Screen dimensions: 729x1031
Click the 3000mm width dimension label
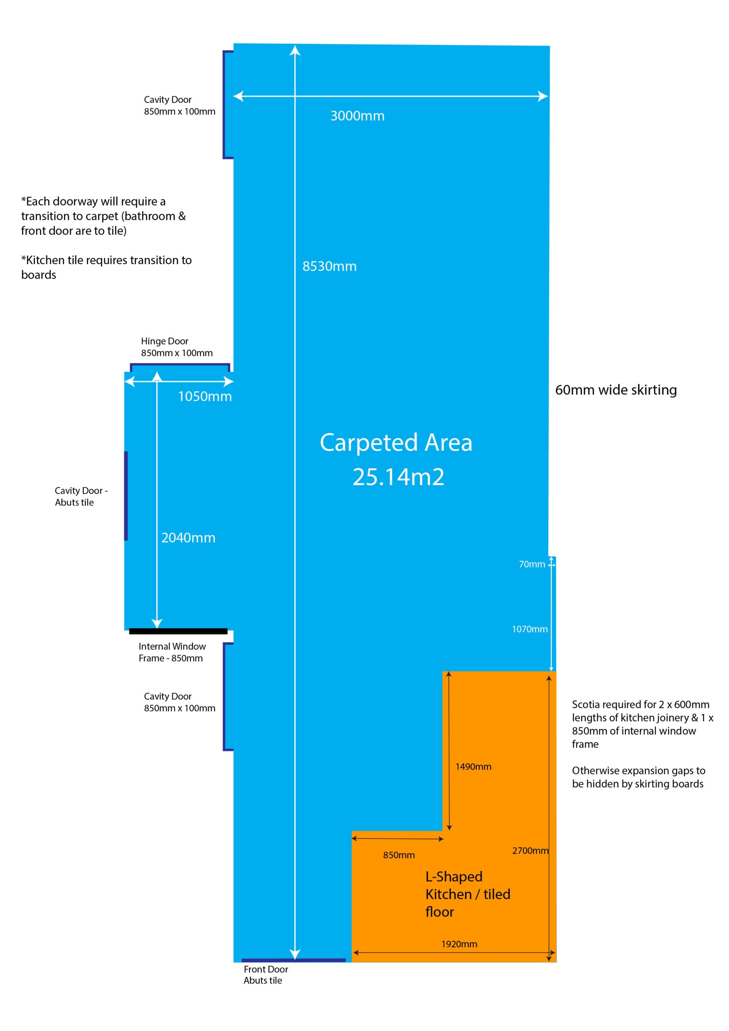[x=357, y=116]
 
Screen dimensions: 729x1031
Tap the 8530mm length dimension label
[x=330, y=266]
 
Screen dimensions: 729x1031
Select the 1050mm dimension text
[x=205, y=397]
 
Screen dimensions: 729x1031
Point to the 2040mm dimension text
[x=188, y=538]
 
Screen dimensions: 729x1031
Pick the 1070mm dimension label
[x=530, y=629]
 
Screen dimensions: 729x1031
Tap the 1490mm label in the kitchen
[x=473, y=766]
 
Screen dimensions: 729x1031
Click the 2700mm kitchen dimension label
[x=530, y=851]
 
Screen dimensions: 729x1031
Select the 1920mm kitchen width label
[x=459, y=944]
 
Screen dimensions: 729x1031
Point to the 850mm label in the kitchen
[x=399, y=855]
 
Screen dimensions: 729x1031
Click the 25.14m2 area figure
[x=398, y=477]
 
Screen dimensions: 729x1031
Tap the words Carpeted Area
[x=396, y=442]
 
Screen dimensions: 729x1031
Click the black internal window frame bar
[x=178, y=631]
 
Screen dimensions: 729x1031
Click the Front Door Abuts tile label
[x=266, y=975]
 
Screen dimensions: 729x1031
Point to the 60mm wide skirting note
[x=616, y=390]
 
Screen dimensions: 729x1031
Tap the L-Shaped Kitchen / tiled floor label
[x=468, y=894]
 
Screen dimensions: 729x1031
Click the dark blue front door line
[x=293, y=960]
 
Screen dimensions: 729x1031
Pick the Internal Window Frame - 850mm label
[x=172, y=652]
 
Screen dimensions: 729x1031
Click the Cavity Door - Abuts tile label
[x=81, y=496]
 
